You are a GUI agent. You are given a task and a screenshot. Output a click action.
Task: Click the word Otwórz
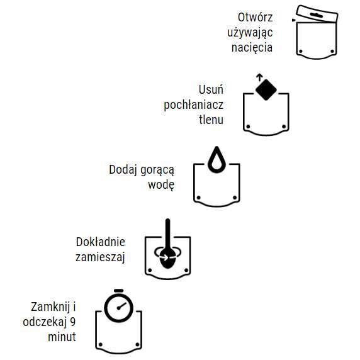tap(255, 17)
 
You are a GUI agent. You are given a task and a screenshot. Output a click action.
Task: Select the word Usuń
tap(211, 89)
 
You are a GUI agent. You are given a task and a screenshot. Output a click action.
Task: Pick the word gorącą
tap(157, 169)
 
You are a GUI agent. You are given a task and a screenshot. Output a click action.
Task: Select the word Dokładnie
tap(101, 242)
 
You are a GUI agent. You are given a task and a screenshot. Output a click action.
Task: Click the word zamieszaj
tap(101, 257)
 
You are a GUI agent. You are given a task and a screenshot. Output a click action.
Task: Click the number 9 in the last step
tap(73, 322)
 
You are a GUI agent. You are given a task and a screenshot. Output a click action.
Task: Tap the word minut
tap(62, 337)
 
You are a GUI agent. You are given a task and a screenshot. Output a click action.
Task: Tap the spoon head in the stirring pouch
tap(168, 257)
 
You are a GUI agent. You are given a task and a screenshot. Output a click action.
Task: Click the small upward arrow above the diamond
tap(259, 77)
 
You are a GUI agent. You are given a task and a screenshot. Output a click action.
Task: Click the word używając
tap(250, 32)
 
